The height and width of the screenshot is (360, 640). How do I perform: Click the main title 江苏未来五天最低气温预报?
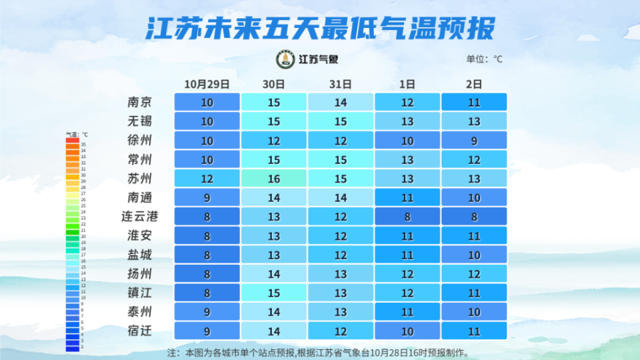(x=320, y=29)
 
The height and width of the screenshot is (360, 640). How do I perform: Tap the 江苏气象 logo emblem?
(x=285, y=59)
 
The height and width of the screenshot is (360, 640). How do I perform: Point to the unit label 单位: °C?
(x=484, y=59)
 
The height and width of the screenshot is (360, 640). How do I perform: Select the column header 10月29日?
(x=207, y=85)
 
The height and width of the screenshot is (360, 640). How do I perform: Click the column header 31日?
(x=340, y=85)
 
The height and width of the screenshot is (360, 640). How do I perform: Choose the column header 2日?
(x=473, y=85)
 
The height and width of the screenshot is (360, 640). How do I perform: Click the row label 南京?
(x=140, y=102)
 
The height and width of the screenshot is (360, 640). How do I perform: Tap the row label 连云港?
(x=140, y=217)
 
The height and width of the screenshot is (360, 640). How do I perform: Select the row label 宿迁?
(x=140, y=331)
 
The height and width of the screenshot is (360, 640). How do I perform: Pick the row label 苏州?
(x=140, y=179)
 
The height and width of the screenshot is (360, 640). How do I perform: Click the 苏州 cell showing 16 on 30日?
(x=273, y=179)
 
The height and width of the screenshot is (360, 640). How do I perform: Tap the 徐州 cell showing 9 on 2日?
(x=473, y=141)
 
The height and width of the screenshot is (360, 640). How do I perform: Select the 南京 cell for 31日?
(x=340, y=102)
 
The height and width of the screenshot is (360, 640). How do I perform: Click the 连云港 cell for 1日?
(x=407, y=217)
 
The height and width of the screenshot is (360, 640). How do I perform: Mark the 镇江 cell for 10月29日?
(x=207, y=293)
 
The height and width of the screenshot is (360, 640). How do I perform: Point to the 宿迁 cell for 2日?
(x=473, y=331)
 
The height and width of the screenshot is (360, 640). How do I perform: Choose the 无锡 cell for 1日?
(x=407, y=121)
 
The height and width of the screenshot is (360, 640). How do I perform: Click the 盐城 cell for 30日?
(x=273, y=255)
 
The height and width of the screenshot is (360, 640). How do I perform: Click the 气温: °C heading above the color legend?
(x=76, y=134)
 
